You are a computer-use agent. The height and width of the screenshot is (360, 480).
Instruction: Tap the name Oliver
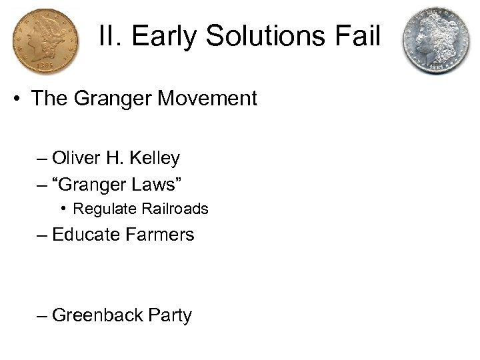[77, 159]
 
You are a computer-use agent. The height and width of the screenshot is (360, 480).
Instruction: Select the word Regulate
[105, 209]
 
